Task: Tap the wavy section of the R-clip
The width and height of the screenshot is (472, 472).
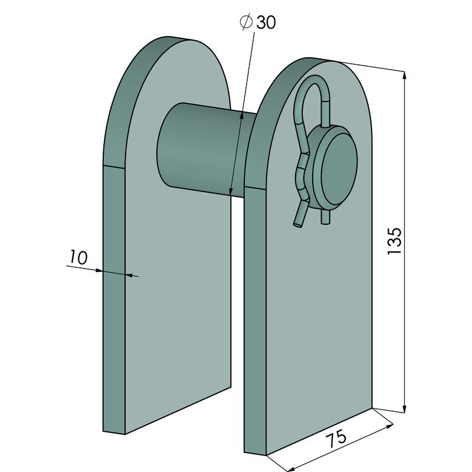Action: click(x=303, y=168)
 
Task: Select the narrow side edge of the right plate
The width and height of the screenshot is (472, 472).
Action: click(x=255, y=319)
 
